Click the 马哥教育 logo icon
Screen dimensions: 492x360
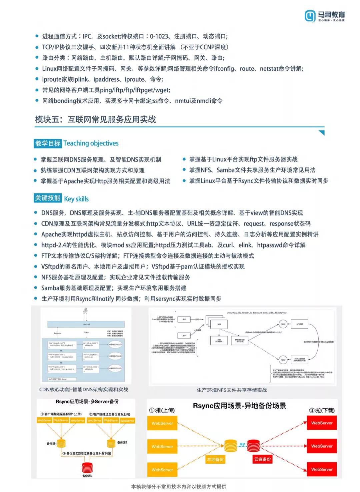tap(310, 16)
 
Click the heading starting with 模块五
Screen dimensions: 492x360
tap(95, 119)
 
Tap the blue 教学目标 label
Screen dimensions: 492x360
tap(48, 143)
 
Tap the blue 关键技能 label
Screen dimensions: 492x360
tap(48, 198)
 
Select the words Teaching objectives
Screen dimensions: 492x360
tap(91, 143)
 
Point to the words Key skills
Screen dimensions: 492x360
tap(76, 199)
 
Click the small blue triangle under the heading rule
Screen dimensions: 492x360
tap(322, 133)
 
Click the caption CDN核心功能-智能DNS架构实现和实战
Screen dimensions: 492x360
tap(84, 390)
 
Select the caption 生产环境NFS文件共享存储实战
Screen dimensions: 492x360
tap(232, 390)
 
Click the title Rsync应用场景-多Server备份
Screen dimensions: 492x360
tap(87, 402)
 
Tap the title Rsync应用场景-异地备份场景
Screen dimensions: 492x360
tap(239, 406)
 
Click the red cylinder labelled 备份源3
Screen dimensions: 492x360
tap(87, 467)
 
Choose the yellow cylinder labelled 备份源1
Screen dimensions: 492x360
tap(61, 443)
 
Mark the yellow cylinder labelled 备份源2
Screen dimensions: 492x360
tap(111, 443)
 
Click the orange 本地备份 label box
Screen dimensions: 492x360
tap(215, 460)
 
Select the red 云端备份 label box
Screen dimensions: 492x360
tap(262, 459)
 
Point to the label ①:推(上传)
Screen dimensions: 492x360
tap(162, 410)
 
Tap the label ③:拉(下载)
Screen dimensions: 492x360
tap(322, 410)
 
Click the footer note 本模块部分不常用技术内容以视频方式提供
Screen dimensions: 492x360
tap(179, 487)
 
